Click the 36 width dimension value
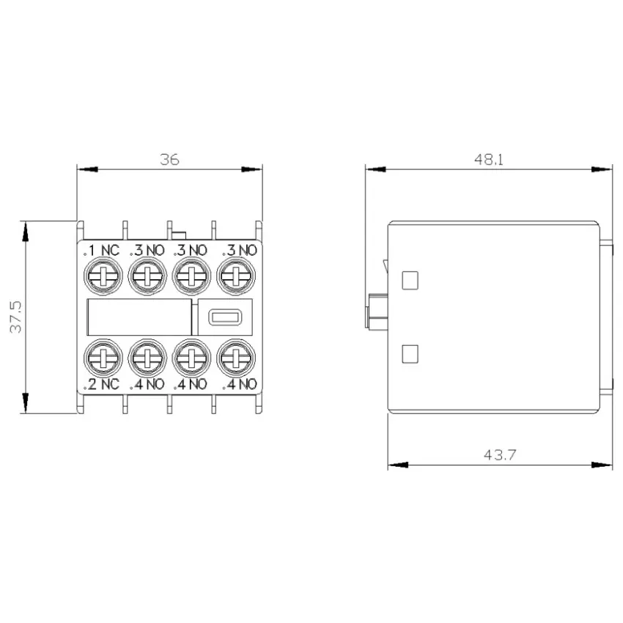pos(169,159)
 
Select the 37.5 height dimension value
pos(16,317)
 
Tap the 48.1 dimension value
pos(489,159)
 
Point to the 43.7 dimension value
pos(500,454)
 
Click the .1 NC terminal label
pos(101,251)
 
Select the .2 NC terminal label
pos(101,384)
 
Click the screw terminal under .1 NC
pos(103,276)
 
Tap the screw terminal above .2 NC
pos(103,358)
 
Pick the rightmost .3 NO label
pos(240,251)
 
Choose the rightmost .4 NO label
pos(240,384)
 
